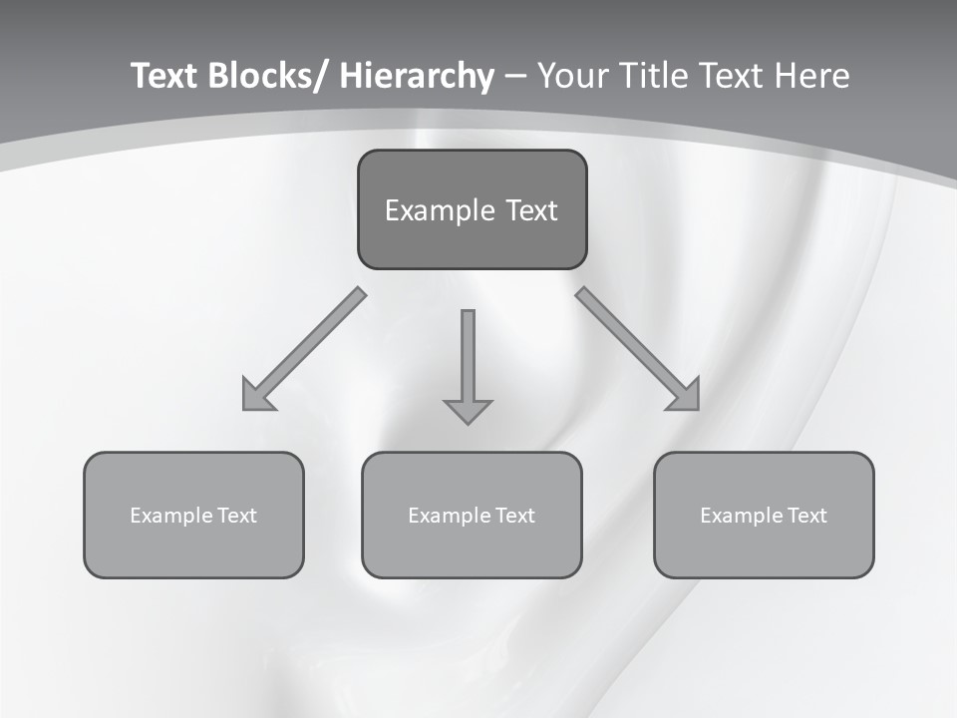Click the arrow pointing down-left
(303, 349)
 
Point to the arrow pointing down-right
(638, 349)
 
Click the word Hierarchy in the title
(417, 76)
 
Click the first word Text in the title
(165, 76)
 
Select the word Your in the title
(574, 76)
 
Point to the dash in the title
(515, 77)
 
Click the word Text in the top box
(530, 210)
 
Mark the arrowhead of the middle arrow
(468, 410)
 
